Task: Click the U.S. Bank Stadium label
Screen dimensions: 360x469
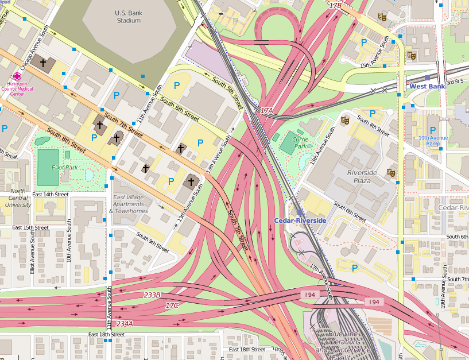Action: click(128, 17)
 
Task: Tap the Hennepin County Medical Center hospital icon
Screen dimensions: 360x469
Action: click(17, 76)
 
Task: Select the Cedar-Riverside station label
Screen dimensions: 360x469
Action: click(300, 220)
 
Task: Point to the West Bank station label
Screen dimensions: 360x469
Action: click(427, 86)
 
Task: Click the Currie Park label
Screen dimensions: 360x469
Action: click(300, 143)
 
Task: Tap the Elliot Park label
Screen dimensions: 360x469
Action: click(64, 167)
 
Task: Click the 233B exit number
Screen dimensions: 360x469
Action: click(152, 295)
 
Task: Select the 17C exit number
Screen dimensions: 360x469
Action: click(172, 305)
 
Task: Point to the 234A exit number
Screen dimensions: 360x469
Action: click(125, 324)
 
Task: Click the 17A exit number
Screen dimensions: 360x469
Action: click(267, 110)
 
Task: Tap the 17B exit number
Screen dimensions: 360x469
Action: click(335, 5)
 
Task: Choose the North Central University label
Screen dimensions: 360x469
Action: click(18, 198)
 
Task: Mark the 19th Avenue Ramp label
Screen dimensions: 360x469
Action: click(433, 141)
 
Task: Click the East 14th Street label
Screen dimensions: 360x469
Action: click(50, 195)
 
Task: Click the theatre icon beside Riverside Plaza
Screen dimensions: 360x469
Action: click(391, 172)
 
